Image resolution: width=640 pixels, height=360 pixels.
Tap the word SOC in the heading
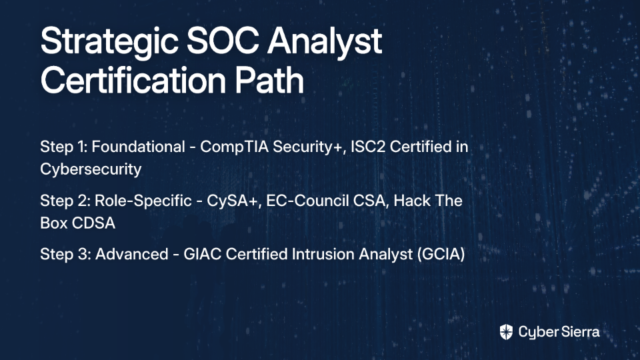(223, 41)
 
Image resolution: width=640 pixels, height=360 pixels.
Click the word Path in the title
(269, 80)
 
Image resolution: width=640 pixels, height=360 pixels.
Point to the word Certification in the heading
(133, 80)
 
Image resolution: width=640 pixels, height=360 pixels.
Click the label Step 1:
(64, 147)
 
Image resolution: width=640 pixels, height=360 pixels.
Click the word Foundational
(138, 147)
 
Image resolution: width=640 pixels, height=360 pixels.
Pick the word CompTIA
(234, 147)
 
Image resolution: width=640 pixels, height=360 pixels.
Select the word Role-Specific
(143, 201)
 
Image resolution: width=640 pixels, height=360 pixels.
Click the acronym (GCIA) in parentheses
(441, 255)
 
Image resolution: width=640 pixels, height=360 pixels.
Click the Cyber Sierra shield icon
(506, 332)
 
